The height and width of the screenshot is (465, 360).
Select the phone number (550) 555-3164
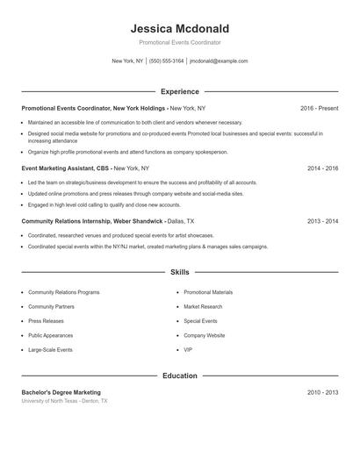(x=166, y=61)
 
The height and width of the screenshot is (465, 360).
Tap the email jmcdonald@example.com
(x=219, y=61)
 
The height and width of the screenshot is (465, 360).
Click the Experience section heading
(x=180, y=91)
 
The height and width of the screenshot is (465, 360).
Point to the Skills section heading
(x=180, y=273)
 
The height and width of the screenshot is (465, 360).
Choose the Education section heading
(x=180, y=376)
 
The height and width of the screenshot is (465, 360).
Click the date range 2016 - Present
(x=319, y=108)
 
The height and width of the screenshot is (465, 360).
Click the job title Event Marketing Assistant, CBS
(x=66, y=167)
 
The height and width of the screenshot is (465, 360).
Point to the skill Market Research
(x=203, y=306)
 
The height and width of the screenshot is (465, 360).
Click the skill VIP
(x=188, y=350)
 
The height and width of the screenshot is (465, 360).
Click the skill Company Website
(x=205, y=335)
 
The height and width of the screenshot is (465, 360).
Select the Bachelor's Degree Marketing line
(x=61, y=392)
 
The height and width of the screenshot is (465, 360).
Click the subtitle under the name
(x=180, y=42)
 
